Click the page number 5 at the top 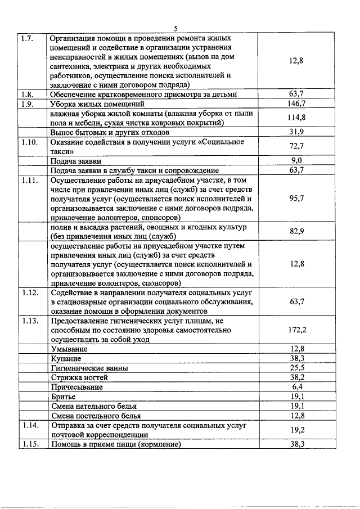pos(176,28)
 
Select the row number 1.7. pos(27,39)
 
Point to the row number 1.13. pos(29,321)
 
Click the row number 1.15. pos(29,444)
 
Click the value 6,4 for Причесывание pos(297,387)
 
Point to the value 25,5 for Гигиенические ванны pos(296,368)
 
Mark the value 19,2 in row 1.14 pos(296,430)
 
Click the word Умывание pos(70,349)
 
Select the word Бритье pos(64,397)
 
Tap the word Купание pos(66,358)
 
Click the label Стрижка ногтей pos(79,377)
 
